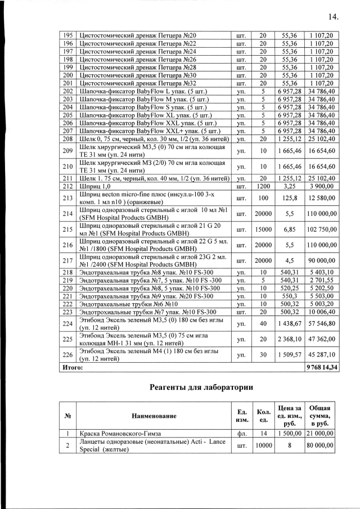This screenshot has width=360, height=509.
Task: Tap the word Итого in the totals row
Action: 73,367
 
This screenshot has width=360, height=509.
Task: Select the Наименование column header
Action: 154,416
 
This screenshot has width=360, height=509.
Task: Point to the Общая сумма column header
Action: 321,416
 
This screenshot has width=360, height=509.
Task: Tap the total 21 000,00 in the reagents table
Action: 321,434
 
